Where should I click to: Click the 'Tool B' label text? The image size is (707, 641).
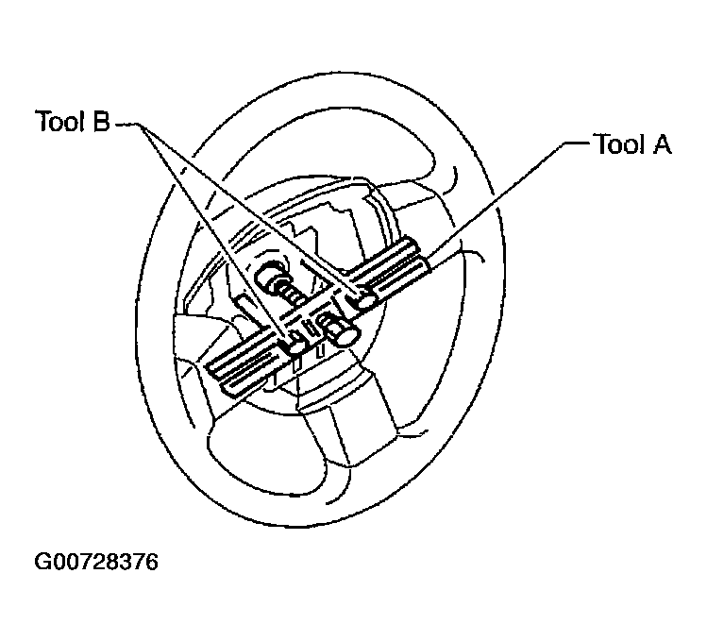(x=72, y=121)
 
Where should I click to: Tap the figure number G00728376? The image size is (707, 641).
(x=96, y=562)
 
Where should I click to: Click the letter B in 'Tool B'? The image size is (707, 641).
(x=101, y=121)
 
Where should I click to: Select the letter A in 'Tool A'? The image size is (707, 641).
(x=661, y=144)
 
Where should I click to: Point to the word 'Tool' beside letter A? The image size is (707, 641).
(x=620, y=144)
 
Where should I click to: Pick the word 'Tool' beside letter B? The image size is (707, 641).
(x=60, y=121)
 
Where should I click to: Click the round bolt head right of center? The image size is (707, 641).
(x=345, y=335)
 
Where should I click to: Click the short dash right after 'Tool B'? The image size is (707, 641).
(x=126, y=125)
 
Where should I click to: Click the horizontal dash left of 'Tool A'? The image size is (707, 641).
(x=577, y=143)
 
